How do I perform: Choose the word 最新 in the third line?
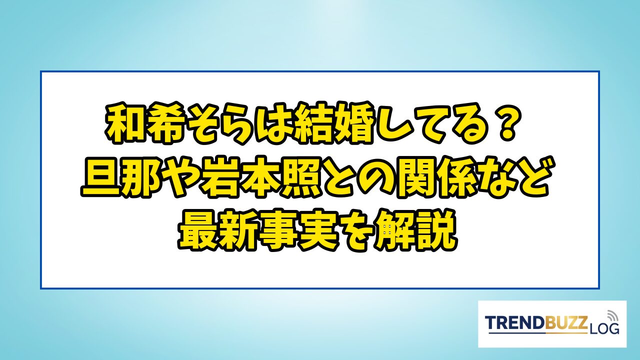pyautogui.click(x=218, y=230)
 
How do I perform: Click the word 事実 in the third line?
pyautogui.click(x=298, y=230)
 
